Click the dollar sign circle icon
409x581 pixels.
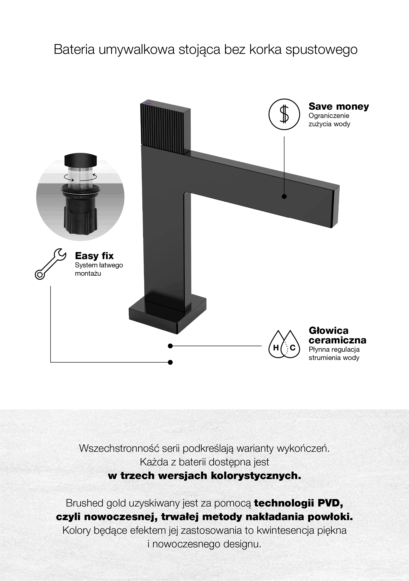[284, 114]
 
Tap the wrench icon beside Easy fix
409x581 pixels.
[50, 264]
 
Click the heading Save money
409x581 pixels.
[339, 106]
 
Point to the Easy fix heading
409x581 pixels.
[94, 256]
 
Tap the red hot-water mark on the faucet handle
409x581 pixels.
[151, 101]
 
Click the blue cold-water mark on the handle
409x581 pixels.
[148, 103]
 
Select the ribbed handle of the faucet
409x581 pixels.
[165, 127]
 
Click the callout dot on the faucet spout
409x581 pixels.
[284, 196]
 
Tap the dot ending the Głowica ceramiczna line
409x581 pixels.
[170, 346]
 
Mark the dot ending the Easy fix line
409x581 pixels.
[170, 362]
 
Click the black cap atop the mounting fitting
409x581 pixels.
[80, 159]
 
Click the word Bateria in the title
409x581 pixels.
[74, 49]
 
